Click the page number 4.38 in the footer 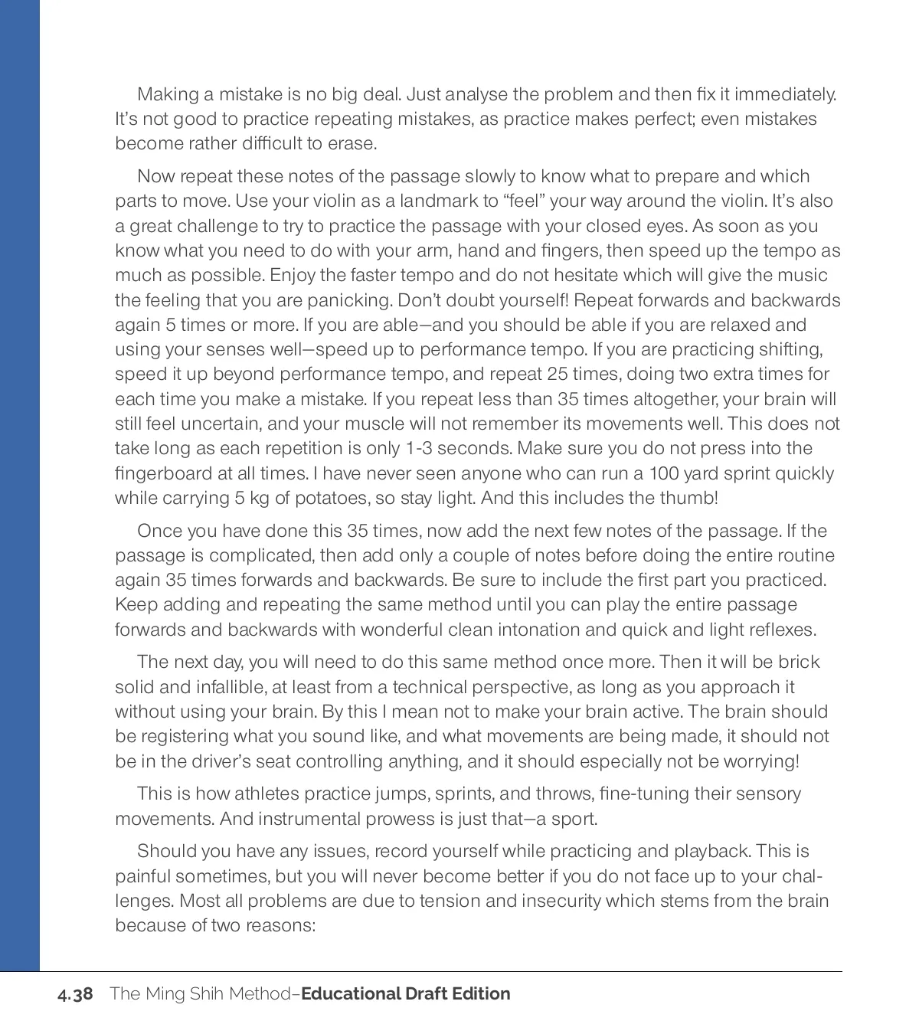pos(75,994)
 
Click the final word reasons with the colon pos(281,925)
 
